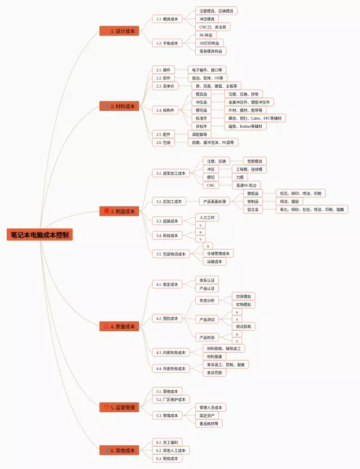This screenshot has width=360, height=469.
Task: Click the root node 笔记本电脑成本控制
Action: point(40,235)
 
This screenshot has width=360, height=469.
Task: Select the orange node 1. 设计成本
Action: point(119,31)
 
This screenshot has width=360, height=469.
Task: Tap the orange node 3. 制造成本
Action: point(119,211)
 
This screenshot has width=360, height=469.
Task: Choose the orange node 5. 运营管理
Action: point(119,407)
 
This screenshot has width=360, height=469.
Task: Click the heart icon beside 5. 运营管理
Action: point(107,407)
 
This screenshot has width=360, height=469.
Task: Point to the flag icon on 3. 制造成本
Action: point(107,211)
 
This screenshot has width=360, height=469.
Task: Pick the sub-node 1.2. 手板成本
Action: point(167,43)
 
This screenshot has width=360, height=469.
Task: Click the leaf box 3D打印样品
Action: point(210,43)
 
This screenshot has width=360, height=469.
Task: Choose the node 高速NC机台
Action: point(247,185)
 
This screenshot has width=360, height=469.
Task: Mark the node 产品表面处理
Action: point(215,201)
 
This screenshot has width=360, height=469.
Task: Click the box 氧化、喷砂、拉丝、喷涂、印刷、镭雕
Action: point(312,209)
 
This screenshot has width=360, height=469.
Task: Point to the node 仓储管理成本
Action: point(218,254)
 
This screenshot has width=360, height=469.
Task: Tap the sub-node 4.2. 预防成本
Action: point(167,318)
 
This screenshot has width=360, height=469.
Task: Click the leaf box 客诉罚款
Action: point(214,372)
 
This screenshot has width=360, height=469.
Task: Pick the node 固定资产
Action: point(207,415)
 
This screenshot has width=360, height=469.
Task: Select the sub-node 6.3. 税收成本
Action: point(167,458)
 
